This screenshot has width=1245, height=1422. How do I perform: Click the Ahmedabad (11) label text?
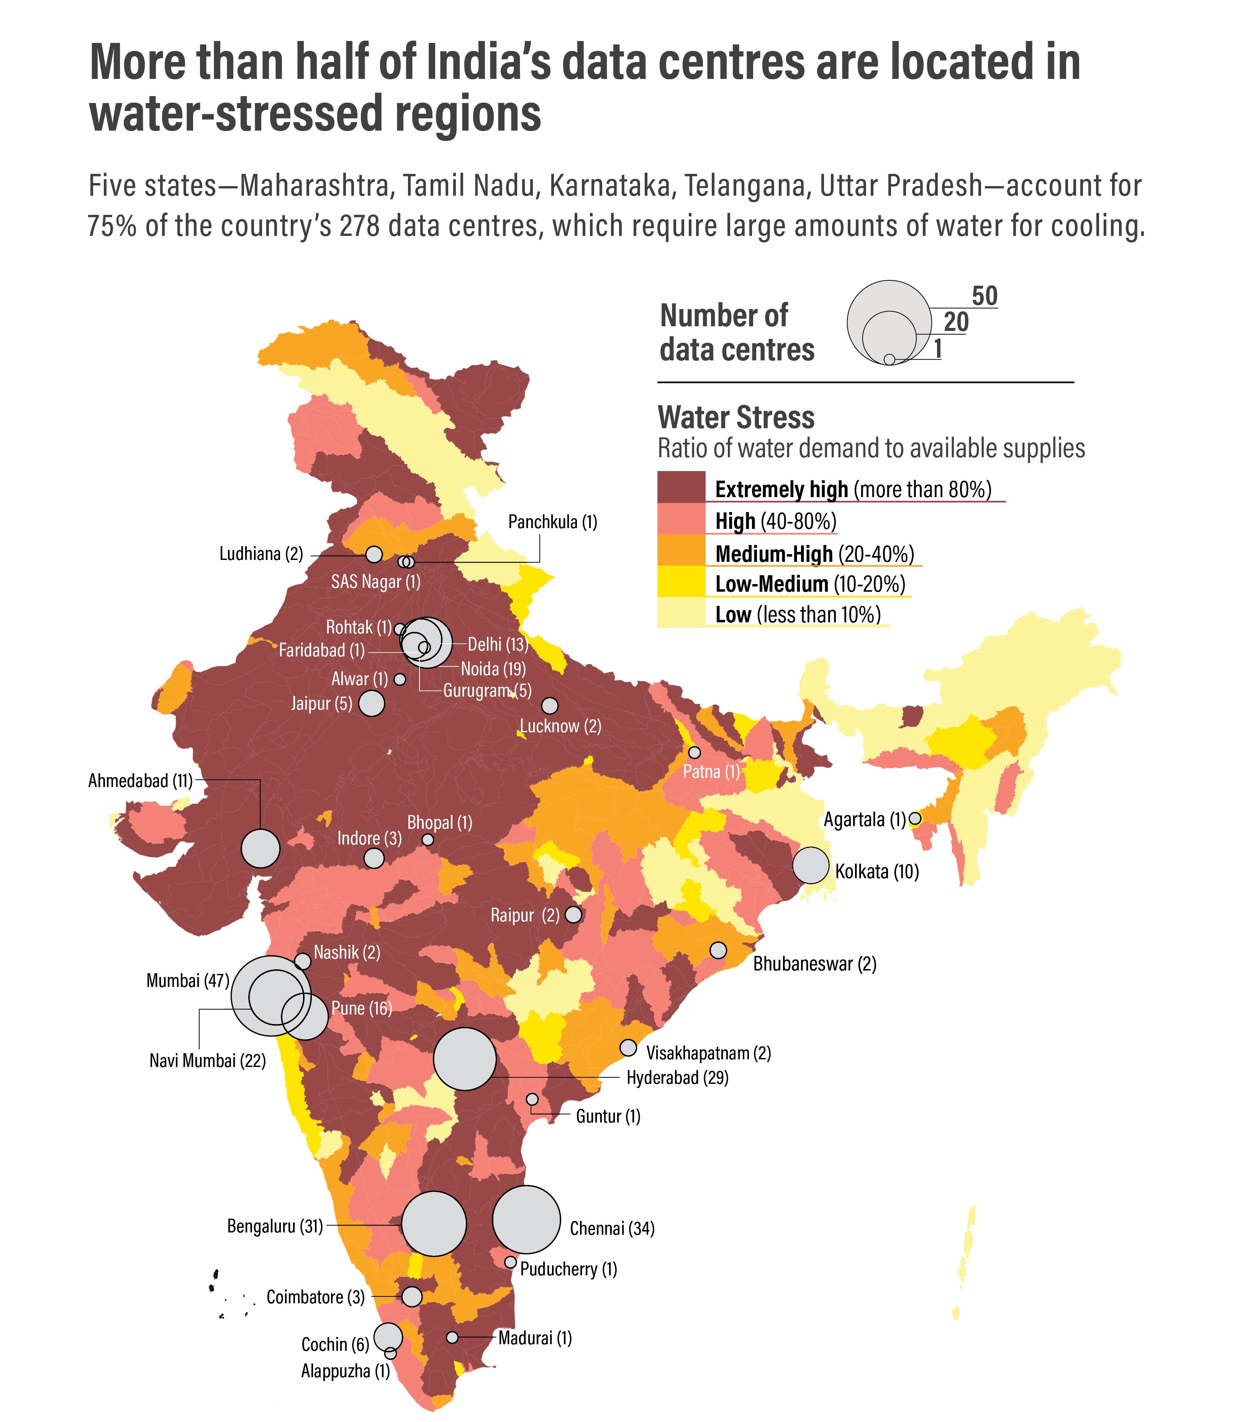[x=140, y=781]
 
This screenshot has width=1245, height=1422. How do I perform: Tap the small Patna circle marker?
[x=694, y=752]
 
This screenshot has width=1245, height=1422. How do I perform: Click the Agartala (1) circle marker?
[x=915, y=818]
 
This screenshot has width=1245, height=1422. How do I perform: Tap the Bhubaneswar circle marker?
[x=718, y=950]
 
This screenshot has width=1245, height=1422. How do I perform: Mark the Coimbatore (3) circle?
[x=412, y=1296]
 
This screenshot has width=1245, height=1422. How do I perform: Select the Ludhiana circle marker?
[x=374, y=554]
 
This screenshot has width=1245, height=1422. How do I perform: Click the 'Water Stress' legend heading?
[x=736, y=417]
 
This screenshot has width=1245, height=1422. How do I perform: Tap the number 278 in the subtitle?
[x=360, y=226]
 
